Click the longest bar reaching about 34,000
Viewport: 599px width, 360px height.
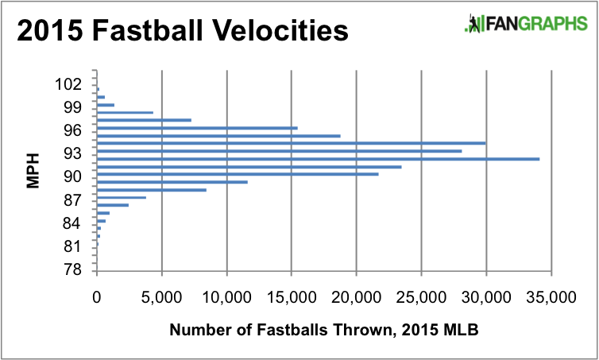coord(318,159)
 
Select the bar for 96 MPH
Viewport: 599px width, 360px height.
coord(197,128)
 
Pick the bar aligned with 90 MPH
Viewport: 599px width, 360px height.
coord(238,174)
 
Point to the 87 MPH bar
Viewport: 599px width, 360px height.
coord(121,197)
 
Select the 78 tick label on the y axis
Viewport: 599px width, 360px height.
coord(72,269)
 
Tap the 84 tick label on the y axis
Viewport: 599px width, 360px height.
coord(72,222)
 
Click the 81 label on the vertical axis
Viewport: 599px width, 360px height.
coord(72,246)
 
